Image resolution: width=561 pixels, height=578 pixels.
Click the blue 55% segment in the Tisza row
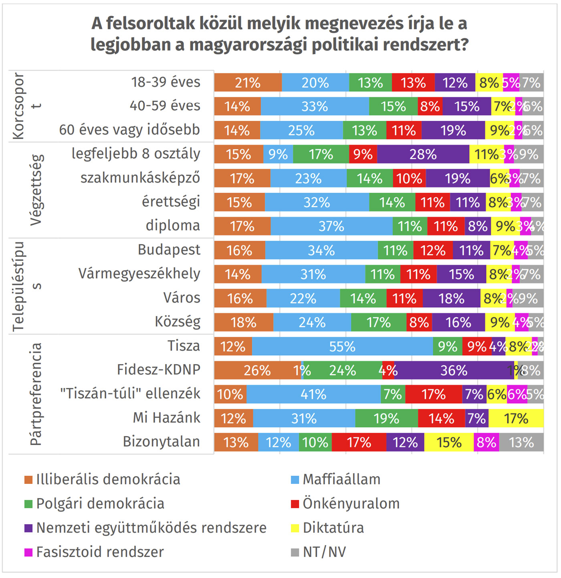click(x=343, y=346)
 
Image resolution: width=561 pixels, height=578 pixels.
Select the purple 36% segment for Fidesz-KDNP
click(x=454, y=371)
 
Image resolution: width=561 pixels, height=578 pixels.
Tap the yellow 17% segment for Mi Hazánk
click(x=516, y=419)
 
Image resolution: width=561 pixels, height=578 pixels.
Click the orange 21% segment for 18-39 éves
click(x=248, y=83)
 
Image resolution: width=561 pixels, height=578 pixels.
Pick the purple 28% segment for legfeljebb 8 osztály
click(x=423, y=155)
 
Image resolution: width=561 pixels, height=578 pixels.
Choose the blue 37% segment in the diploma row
click(x=331, y=226)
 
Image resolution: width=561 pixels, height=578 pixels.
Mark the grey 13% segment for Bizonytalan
click(x=521, y=443)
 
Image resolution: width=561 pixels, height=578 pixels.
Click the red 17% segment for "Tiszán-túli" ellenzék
click(x=434, y=395)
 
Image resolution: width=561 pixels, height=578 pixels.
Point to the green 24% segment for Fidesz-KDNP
click(x=343, y=371)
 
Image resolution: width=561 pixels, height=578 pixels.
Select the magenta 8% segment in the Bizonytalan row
click(x=486, y=443)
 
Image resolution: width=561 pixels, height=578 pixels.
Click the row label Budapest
click(x=169, y=250)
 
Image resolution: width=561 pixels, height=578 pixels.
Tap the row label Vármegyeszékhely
click(x=139, y=274)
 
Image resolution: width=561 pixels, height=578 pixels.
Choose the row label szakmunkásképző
click(x=140, y=178)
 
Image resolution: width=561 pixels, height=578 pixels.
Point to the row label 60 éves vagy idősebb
click(x=129, y=130)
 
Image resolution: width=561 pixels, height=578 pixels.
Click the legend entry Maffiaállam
click(x=341, y=479)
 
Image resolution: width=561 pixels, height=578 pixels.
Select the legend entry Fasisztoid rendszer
click(x=100, y=552)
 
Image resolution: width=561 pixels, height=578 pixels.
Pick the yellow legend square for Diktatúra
click(x=295, y=528)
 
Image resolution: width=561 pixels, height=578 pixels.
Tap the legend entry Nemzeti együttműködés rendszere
click(x=151, y=528)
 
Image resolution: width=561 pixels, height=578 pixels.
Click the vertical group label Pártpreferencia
click(x=36, y=394)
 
